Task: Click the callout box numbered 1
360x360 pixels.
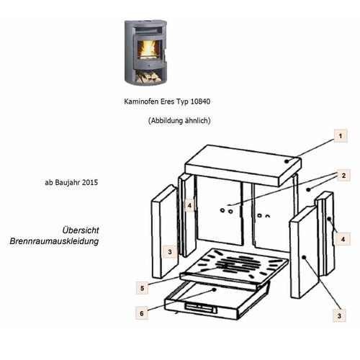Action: coord(341,136)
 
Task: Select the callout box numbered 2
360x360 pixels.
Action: coord(343,175)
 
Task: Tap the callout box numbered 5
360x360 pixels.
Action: coord(142,288)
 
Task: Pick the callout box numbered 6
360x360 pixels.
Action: coord(142,313)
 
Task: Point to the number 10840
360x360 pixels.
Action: coord(200,102)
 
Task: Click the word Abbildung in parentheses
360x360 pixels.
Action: coord(165,120)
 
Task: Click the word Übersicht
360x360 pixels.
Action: coord(81,230)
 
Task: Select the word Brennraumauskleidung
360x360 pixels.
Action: coord(54,241)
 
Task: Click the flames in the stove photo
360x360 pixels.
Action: coord(148,49)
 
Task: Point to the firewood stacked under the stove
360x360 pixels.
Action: coord(148,77)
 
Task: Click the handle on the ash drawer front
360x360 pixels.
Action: coord(200,307)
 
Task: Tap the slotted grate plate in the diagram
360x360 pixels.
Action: coord(234,266)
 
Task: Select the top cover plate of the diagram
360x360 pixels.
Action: coord(243,165)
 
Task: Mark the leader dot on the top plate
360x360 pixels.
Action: coord(287,161)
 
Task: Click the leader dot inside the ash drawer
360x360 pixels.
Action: coord(215,289)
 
